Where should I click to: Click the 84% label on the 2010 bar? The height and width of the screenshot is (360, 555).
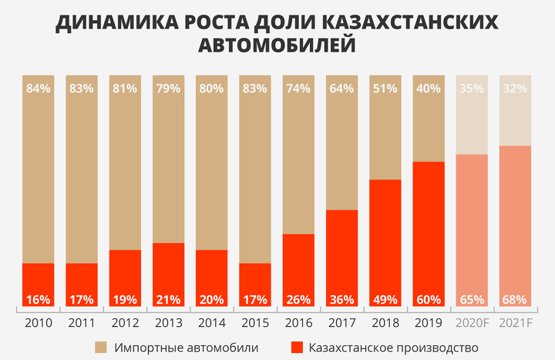pos(38,88)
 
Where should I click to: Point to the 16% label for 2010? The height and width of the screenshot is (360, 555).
pos(38,299)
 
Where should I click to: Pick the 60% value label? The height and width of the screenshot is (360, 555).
pos(429,299)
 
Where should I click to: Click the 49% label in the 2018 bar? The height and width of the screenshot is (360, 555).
pos(385,299)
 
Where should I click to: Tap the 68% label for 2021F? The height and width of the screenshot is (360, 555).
pos(515,299)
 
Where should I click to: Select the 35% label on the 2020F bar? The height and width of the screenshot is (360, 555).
pos(472,88)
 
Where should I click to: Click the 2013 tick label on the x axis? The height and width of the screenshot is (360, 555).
pos(168,322)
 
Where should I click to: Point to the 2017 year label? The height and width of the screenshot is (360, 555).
pos(341,322)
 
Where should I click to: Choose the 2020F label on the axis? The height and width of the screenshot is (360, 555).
pos(472,322)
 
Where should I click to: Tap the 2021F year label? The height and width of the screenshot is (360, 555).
pos(515,322)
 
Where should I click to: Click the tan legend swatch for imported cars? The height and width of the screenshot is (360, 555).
pos(101,348)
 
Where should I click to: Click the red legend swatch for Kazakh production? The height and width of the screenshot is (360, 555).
pos(297,348)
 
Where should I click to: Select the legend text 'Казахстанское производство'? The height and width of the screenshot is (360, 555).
pos(393,348)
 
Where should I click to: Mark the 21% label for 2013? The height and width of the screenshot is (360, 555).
pos(168,299)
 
